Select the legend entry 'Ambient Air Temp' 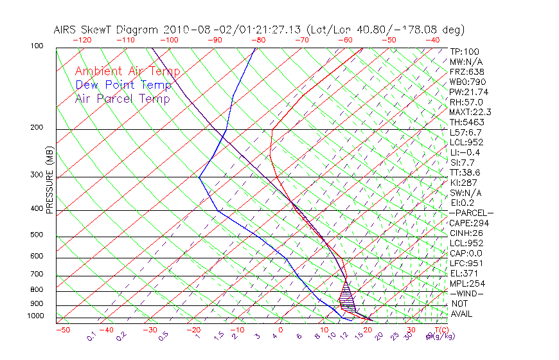[127, 71]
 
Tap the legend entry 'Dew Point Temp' [123, 85]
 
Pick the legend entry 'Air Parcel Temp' [122, 98]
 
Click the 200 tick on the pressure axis [36, 127]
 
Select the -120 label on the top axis [82, 40]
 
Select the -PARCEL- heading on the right [471, 213]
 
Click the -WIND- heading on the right [467, 294]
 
